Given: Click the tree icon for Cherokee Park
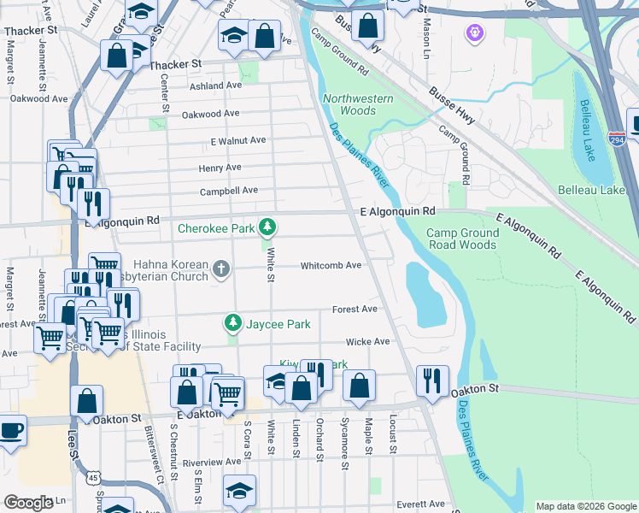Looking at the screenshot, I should tap(268, 227).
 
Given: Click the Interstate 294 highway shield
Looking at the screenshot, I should tap(617, 138).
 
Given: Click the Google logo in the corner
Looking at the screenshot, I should tap(27, 503).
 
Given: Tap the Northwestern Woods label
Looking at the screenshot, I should tap(359, 104).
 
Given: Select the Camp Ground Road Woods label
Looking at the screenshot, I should tap(462, 239).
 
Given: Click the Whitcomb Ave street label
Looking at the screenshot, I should tap(331, 265).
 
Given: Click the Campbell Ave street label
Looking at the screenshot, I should tap(228, 191).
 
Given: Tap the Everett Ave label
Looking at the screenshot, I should tap(419, 504).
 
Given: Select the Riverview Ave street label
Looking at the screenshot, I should tap(212, 461).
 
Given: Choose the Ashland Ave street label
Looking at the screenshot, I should tap(216, 85).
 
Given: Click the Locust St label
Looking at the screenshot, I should tap(394, 435).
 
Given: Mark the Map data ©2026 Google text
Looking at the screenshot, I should tap(585, 506).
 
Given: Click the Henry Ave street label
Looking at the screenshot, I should tap(220, 168).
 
